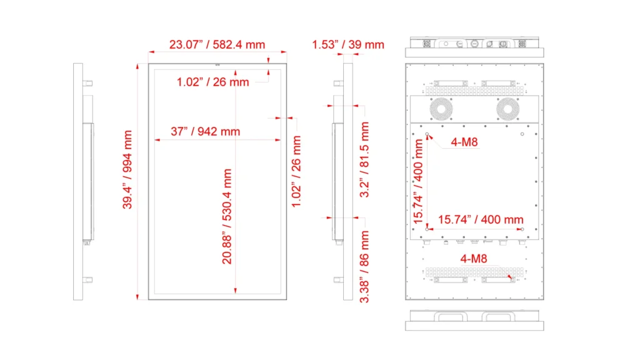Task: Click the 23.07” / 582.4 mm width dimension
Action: [x=217, y=44]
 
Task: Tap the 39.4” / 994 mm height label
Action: [x=127, y=169]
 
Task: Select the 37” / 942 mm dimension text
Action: [x=205, y=131]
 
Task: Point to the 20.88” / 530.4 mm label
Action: [x=227, y=217]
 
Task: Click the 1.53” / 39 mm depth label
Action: [x=348, y=44]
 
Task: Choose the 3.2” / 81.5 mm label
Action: [x=364, y=159]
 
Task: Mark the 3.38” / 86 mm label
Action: [x=364, y=267]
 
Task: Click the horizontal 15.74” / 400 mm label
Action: [x=481, y=219]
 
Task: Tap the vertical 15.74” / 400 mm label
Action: [x=418, y=182]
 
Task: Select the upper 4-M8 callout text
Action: [x=464, y=142]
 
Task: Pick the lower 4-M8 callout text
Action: [x=474, y=259]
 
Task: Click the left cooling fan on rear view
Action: [x=441, y=109]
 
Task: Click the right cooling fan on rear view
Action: [x=507, y=109]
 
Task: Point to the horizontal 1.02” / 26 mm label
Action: [x=212, y=82]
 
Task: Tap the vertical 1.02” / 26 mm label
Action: [x=296, y=171]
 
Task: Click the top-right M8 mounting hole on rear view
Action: [x=522, y=134]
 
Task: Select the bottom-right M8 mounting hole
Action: [x=522, y=229]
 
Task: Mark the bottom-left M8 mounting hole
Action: [x=427, y=229]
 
